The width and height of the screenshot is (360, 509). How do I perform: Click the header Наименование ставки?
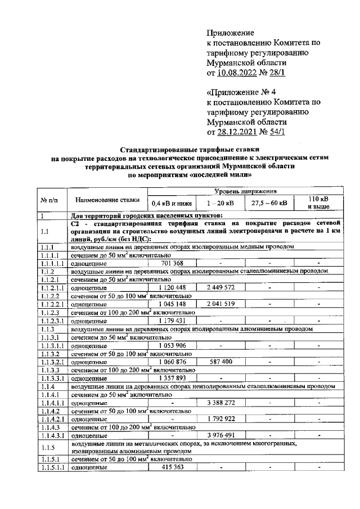coord(107,200)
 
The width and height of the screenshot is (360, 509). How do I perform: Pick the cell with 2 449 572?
coord(220,287)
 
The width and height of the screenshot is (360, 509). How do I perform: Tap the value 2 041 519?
coord(220,304)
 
